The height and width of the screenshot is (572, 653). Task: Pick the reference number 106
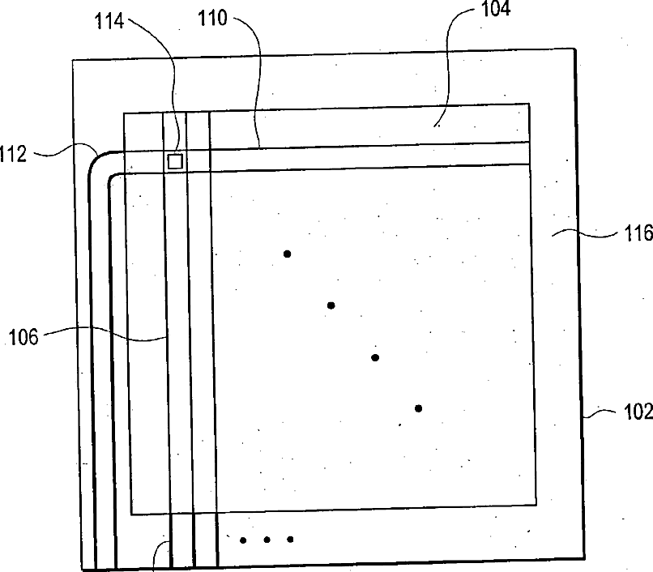23,336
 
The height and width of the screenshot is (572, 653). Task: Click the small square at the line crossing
175,161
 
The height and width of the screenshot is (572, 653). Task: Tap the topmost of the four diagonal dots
287,254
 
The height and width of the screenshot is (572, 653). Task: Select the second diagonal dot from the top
331,305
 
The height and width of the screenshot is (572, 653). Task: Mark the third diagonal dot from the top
374,357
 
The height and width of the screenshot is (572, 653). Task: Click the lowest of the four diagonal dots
418,408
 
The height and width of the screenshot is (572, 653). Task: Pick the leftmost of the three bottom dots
242,540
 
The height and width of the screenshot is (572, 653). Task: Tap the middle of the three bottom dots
266,540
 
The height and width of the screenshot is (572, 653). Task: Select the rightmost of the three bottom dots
290,540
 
